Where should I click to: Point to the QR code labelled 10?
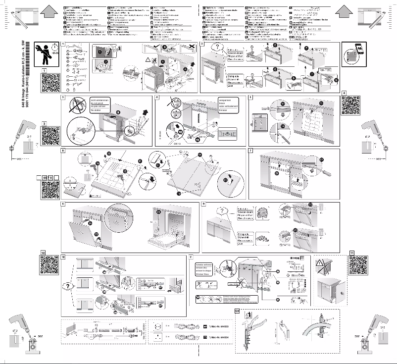[50, 266]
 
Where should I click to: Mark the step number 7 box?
[250, 150]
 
